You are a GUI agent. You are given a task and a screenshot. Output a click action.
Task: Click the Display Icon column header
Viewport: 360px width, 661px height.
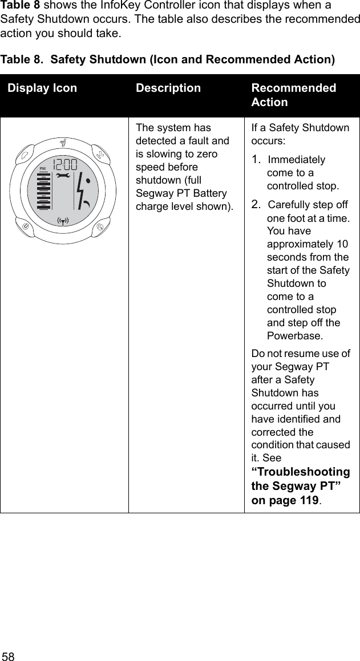point(42,88)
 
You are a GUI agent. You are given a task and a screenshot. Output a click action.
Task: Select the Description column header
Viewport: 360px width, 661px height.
point(168,88)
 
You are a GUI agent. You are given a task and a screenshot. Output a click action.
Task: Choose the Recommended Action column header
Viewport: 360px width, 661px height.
point(293,95)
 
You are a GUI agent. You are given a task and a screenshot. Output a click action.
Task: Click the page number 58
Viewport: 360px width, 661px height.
point(8,654)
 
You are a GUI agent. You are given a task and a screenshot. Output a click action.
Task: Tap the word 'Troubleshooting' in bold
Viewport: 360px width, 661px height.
point(301,472)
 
